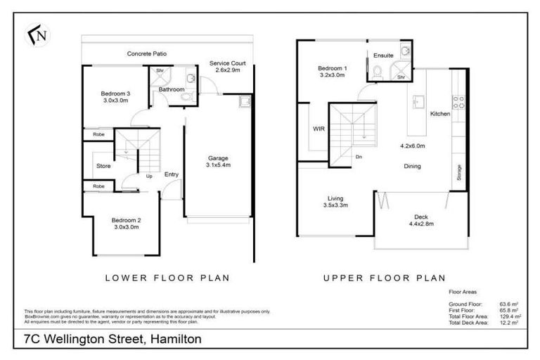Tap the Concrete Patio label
[x=146, y=53]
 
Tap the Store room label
[x=103, y=166]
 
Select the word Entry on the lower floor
[x=171, y=174]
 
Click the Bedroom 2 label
[x=127, y=219]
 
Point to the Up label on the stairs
[x=148, y=176]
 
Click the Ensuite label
[x=384, y=54]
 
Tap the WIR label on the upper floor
[x=318, y=129]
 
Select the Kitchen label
[x=440, y=113]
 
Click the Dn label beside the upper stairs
[x=359, y=157]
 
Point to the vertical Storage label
[x=458, y=173]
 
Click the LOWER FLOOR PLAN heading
[x=167, y=278]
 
